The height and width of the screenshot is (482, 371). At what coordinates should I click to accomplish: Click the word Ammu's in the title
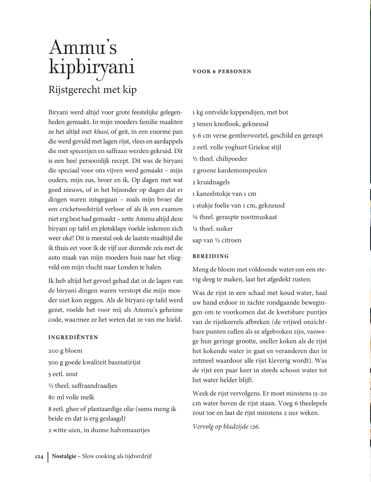click(x=83, y=48)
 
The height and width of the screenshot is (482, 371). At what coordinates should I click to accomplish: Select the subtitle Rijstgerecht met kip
click(x=92, y=90)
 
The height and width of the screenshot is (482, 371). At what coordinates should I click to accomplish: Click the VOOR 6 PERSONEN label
click(x=222, y=72)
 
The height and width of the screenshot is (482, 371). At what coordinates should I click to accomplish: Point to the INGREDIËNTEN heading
click(x=73, y=337)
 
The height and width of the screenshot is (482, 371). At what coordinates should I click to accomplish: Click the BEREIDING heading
click(x=210, y=256)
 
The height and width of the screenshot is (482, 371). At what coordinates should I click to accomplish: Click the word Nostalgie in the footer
click(x=64, y=456)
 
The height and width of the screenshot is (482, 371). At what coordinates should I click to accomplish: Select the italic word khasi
click(x=101, y=132)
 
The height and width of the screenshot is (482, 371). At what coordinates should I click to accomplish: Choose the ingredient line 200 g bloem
click(x=65, y=351)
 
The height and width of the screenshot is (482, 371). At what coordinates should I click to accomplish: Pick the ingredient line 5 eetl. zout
click(x=63, y=374)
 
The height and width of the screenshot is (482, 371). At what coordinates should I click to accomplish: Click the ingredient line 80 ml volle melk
click(x=71, y=397)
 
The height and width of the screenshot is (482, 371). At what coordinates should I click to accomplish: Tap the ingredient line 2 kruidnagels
click(x=211, y=182)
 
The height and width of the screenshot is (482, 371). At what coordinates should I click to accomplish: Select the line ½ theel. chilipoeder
click(x=220, y=159)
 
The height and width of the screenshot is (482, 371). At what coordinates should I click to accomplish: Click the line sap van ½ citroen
click(x=217, y=240)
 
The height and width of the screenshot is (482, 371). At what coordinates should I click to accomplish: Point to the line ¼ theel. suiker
click(x=212, y=229)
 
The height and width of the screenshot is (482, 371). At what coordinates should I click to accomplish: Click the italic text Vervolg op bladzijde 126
click(x=226, y=426)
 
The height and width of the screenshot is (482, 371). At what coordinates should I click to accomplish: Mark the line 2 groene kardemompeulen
click(x=230, y=171)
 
